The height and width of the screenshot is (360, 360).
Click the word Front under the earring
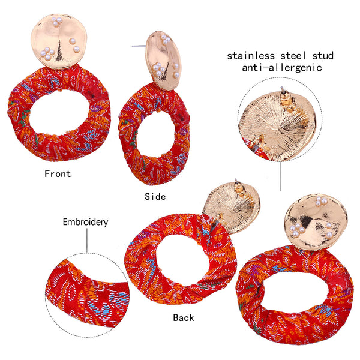[58, 174]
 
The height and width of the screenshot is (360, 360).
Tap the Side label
[155, 197]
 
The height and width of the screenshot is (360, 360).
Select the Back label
[184, 318]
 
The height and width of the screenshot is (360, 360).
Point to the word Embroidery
[85, 222]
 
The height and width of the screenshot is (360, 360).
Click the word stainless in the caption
[251, 56]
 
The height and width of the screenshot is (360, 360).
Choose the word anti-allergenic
[282, 67]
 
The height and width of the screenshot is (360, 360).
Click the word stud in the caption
[323, 56]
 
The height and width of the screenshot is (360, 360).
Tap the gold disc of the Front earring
[59, 41]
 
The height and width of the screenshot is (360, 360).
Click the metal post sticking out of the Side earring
[139, 46]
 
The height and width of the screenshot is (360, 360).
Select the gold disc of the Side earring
[163, 61]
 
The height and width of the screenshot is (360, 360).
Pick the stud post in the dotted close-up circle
[286, 98]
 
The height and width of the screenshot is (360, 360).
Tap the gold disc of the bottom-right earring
[316, 222]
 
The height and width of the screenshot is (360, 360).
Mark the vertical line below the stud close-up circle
[280, 176]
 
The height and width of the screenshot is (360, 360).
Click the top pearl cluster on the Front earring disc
[57, 22]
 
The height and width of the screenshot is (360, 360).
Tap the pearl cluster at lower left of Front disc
[47, 54]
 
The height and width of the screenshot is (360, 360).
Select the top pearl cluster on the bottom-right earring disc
[321, 202]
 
